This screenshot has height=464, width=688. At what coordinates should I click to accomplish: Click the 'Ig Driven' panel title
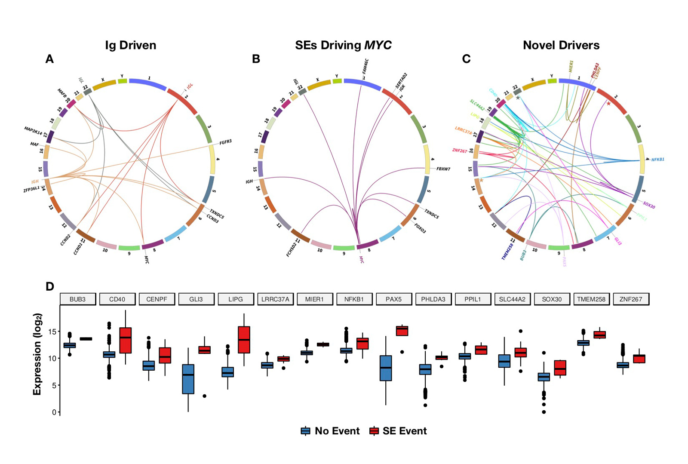[x=130, y=45]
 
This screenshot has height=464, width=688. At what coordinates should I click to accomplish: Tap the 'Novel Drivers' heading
[x=561, y=45]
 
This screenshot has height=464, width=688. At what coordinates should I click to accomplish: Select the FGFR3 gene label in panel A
[x=225, y=142]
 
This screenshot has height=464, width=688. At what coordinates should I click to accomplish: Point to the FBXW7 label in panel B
[x=443, y=169]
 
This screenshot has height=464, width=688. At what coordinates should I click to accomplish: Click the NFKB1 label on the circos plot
[x=657, y=160]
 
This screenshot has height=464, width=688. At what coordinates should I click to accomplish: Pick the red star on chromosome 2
[x=608, y=104]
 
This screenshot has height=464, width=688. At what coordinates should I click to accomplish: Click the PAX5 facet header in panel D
[x=393, y=299]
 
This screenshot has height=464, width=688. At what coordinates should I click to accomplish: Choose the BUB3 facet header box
[x=77, y=299]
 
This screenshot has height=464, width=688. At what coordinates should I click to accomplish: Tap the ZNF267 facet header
[x=630, y=299]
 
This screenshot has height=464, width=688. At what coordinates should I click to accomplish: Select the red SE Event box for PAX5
[x=402, y=331]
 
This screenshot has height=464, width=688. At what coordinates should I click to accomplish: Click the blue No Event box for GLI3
[x=188, y=379]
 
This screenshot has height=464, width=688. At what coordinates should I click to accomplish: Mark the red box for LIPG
[x=244, y=340]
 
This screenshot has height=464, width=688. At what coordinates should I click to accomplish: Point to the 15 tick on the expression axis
[x=52, y=332]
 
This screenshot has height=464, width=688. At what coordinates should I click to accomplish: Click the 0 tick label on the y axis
[x=54, y=412]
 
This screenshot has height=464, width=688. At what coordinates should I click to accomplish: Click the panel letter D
[x=50, y=287]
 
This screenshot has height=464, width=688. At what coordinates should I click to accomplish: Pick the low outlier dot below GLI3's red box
[x=204, y=396]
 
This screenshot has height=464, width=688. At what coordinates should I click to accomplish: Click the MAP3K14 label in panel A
[x=33, y=130]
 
